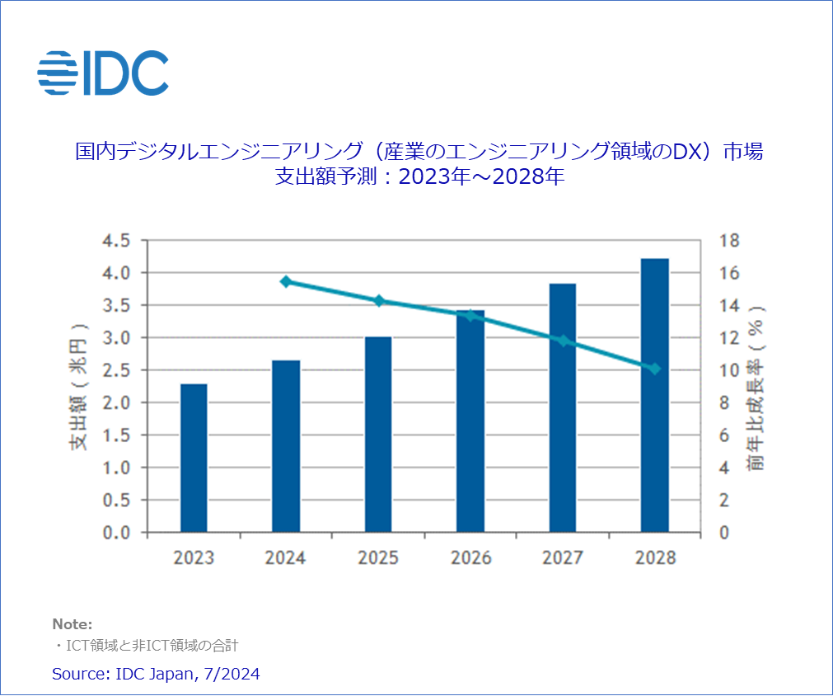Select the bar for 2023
tap(194, 458)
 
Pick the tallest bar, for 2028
tap(655, 396)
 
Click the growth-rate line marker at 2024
tap(286, 282)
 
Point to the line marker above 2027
tap(563, 341)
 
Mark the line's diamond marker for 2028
tap(655, 369)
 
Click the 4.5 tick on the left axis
tap(115, 241)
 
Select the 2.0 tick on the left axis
tap(115, 403)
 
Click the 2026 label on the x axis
tap(470, 558)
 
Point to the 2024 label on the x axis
tap(285, 558)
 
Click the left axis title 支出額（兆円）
tap(79, 386)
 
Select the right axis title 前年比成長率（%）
tap(757, 386)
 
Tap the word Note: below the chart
tap(73, 624)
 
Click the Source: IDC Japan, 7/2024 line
tap(156, 674)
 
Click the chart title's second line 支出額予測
tap(419, 176)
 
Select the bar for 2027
tap(563, 408)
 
